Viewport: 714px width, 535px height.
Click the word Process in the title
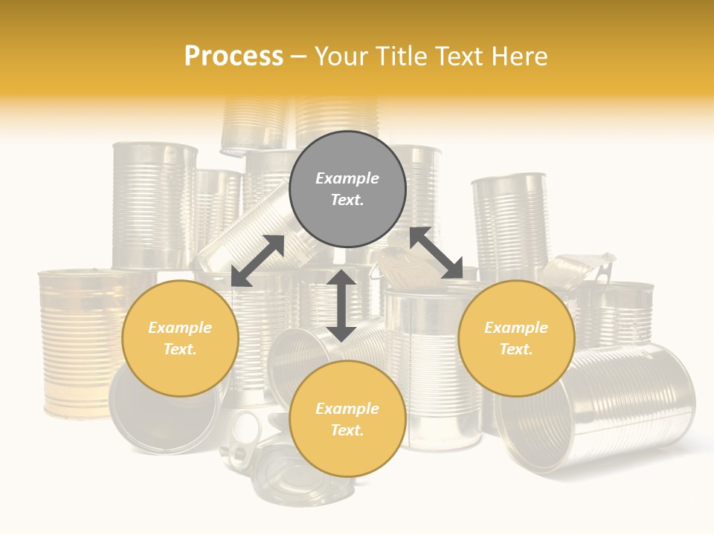coord(234,56)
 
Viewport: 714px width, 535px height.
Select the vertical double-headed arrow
coord(341,305)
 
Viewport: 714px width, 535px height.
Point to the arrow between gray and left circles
coord(258,260)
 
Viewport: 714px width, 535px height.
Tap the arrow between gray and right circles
coord(437,253)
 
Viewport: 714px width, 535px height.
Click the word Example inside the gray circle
coord(347,178)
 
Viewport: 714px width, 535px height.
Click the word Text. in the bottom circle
coord(347,430)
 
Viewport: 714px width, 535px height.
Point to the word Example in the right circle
coord(516,328)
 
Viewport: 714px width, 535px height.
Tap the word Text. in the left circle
coord(180,349)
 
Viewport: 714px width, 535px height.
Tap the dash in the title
coord(299,56)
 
